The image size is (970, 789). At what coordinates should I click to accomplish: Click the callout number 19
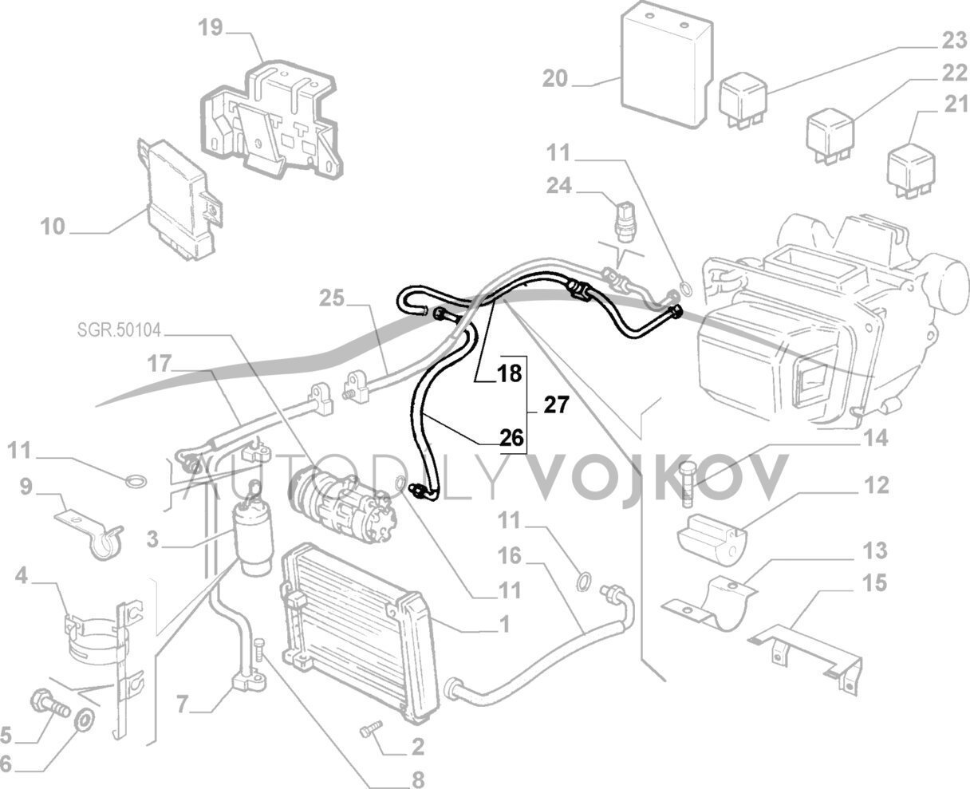[x=211, y=29]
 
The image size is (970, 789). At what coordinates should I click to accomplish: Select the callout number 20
[x=554, y=79]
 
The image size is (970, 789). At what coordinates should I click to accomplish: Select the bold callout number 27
[x=557, y=406]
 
